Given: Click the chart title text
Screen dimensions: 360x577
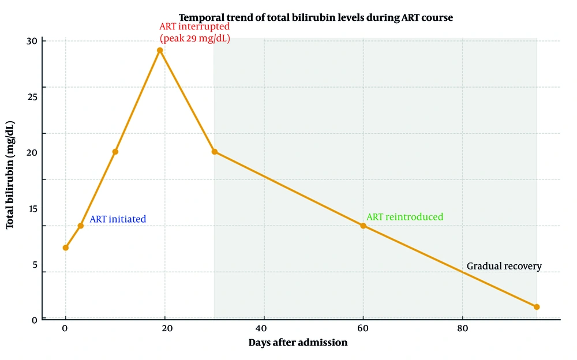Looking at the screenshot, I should (x=316, y=18).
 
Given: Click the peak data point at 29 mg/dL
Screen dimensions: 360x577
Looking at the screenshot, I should (x=160, y=50).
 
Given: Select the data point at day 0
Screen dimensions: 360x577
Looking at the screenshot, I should (x=65, y=247).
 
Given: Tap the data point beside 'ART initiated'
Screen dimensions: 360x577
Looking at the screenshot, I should (x=81, y=226).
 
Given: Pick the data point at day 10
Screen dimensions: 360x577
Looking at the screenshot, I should (x=115, y=152).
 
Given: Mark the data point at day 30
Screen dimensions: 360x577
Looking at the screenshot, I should (x=215, y=152).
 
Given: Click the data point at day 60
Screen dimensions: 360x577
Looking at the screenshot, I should (x=363, y=226).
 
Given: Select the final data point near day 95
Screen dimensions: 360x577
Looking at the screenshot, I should (x=537, y=307).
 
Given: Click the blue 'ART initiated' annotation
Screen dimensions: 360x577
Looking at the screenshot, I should (x=118, y=219).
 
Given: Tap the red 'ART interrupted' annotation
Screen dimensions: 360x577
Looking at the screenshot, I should (x=194, y=27).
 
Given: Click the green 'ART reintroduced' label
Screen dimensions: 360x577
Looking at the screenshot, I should (x=404, y=217).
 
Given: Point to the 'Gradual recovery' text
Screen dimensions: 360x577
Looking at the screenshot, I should (x=504, y=267).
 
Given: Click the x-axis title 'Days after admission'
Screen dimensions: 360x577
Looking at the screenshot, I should (x=298, y=343).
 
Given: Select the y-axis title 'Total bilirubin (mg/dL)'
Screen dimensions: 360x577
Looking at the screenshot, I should (x=10, y=175).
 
